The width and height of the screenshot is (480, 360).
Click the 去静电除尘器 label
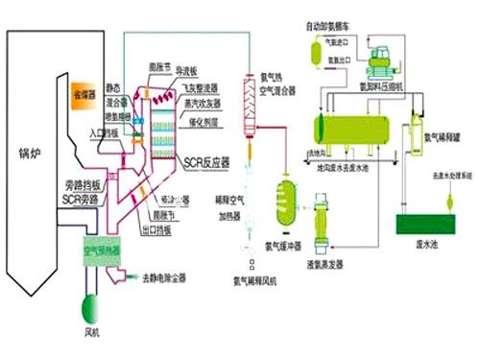173,277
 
